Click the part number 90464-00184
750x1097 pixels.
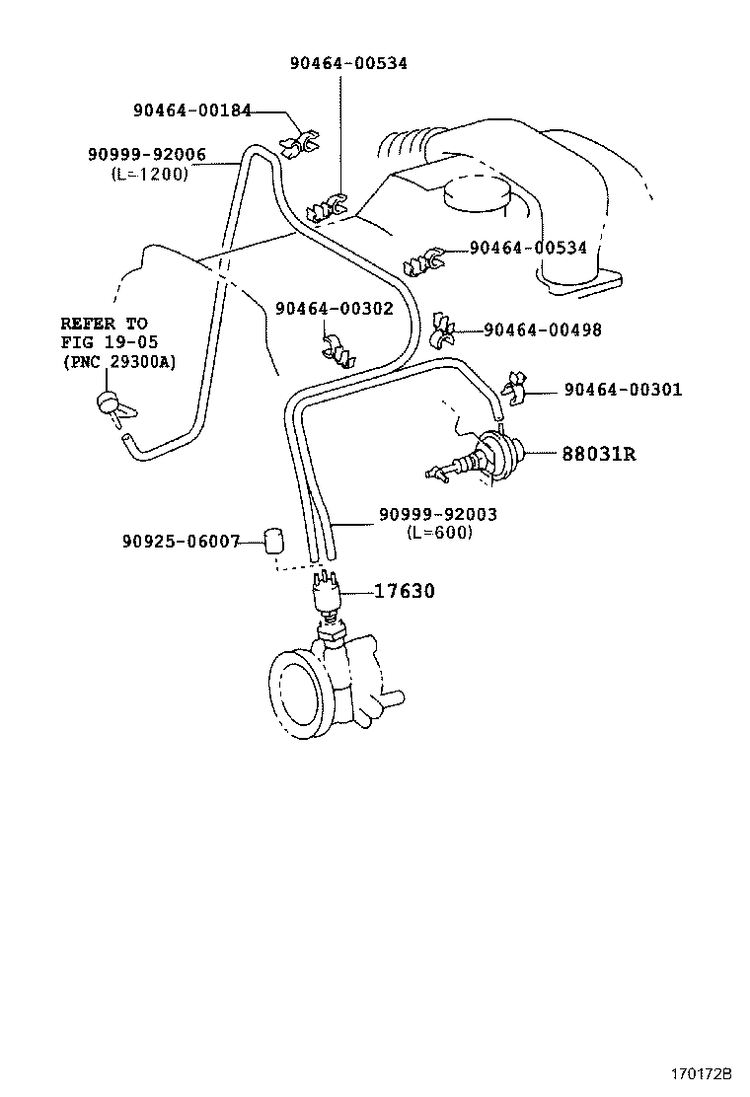coord(192,110)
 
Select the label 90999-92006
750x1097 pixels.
coord(146,154)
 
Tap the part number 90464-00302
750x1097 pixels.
coord(334,309)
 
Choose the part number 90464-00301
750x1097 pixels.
coord(623,390)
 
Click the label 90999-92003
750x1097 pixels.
coord(438,514)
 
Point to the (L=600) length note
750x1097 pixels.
coord(439,532)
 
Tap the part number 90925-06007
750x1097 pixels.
coord(181,541)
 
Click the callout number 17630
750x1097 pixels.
coord(404,591)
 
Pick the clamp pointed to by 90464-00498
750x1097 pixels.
coord(443,335)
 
